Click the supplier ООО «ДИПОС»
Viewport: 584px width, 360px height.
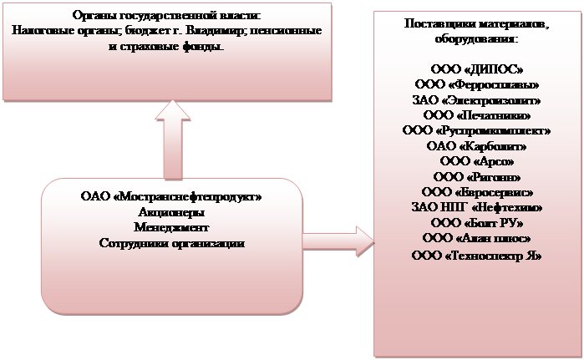pyautogui.click(x=476, y=70)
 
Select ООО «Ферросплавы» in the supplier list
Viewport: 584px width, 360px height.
pyautogui.click(x=476, y=85)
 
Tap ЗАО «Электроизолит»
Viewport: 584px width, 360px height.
pyautogui.click(x=476, y=100)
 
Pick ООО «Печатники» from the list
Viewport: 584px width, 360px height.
pyautogui.click(x=476, y=115)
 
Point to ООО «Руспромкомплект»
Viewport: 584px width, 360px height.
pyautogui.click(x=476, y=130)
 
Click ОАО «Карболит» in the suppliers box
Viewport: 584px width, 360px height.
pyautogui.click(x=476, y=145)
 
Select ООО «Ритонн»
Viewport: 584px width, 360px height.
pyautogui.click(x=476, y=176)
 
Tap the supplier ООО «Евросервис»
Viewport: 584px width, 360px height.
pyautogui.click(x=476, y=191)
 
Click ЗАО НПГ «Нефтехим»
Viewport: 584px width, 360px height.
pyautogui.click(x=476, y=206)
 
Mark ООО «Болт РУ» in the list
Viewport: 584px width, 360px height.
pyautogui.click(x=476, y=222)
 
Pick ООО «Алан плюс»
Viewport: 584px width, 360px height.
pyautogui.click(x=476, y=238)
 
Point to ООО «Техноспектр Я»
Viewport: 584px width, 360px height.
pyautogui.click(x=476, y=255)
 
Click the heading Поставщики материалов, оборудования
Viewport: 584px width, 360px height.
pyautogui.click(x=476, y=31)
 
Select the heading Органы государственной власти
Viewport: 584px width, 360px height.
pyautogui.click(x=167, y=15)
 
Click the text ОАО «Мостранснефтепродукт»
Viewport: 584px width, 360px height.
pyautogui.click(x=171, y=198)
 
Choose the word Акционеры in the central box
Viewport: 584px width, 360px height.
pyautogui.click(x=171, y=213)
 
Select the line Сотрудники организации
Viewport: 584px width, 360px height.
pyautogui.click(x=171, y=243)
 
